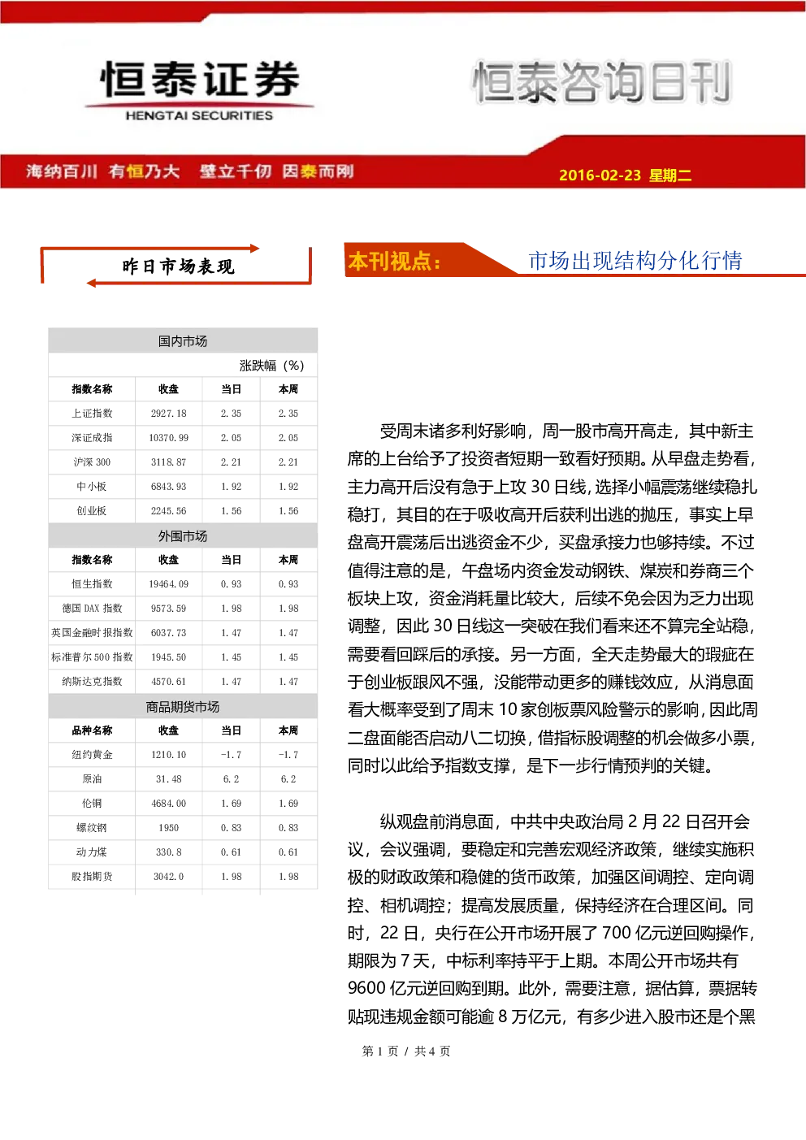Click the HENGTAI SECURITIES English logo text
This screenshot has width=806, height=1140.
pos(199,115)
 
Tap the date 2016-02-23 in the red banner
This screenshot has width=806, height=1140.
pos(600,175)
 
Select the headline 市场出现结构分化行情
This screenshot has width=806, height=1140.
pos(635,261)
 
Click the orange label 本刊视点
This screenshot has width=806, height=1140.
pos(394,261)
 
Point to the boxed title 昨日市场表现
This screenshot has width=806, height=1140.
pos(178,267)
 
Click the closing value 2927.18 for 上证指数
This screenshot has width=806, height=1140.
pos(168,414)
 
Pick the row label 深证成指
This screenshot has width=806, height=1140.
pos(92,438)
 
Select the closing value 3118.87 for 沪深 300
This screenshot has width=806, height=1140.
pos(168,462)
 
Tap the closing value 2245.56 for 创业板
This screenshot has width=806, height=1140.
pos(168,511)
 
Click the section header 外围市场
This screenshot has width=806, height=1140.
pos(183,536)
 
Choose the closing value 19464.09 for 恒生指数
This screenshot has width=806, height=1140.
pos(168,584)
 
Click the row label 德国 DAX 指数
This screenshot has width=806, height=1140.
pos(92,608)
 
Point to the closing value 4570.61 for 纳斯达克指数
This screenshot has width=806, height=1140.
pos(168,682)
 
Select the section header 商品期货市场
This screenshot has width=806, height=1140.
pos(183,707)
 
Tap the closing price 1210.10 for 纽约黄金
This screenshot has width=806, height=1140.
pos(168,755)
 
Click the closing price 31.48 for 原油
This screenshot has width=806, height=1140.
pos(168,779)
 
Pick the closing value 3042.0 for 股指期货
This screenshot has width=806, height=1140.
pos(168,877)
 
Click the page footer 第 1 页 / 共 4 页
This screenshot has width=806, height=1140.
pos(406,1051)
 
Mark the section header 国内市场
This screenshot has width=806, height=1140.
pos(183,341)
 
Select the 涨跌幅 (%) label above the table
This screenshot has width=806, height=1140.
pos(271,366)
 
